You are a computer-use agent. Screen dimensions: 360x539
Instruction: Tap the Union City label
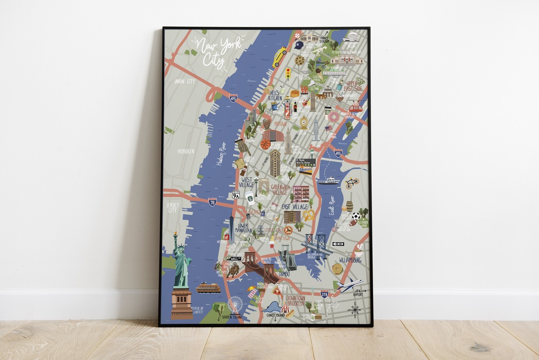(184, 82)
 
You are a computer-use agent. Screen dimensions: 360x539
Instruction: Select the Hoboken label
(186, 151)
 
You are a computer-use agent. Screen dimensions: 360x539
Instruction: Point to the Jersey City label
(172, 208)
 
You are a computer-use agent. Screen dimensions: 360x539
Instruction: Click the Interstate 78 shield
(212, 202)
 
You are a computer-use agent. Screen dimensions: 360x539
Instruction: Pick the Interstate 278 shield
(324, 294)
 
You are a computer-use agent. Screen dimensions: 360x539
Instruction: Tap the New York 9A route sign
(236, 195)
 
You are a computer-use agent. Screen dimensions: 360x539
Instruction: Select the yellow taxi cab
(278, 57)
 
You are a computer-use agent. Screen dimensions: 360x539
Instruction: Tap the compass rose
(355, 309)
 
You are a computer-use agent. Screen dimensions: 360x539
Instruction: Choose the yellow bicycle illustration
(352, 183)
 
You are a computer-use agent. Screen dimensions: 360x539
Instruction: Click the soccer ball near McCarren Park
(356, 217)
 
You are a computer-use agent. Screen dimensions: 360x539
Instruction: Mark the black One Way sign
(338, 244)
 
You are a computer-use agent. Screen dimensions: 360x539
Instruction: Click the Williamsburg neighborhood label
(350, 260)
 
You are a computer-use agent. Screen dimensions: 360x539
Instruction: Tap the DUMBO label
(284, 274)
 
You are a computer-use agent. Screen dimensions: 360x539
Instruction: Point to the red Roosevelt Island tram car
(356, 105)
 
